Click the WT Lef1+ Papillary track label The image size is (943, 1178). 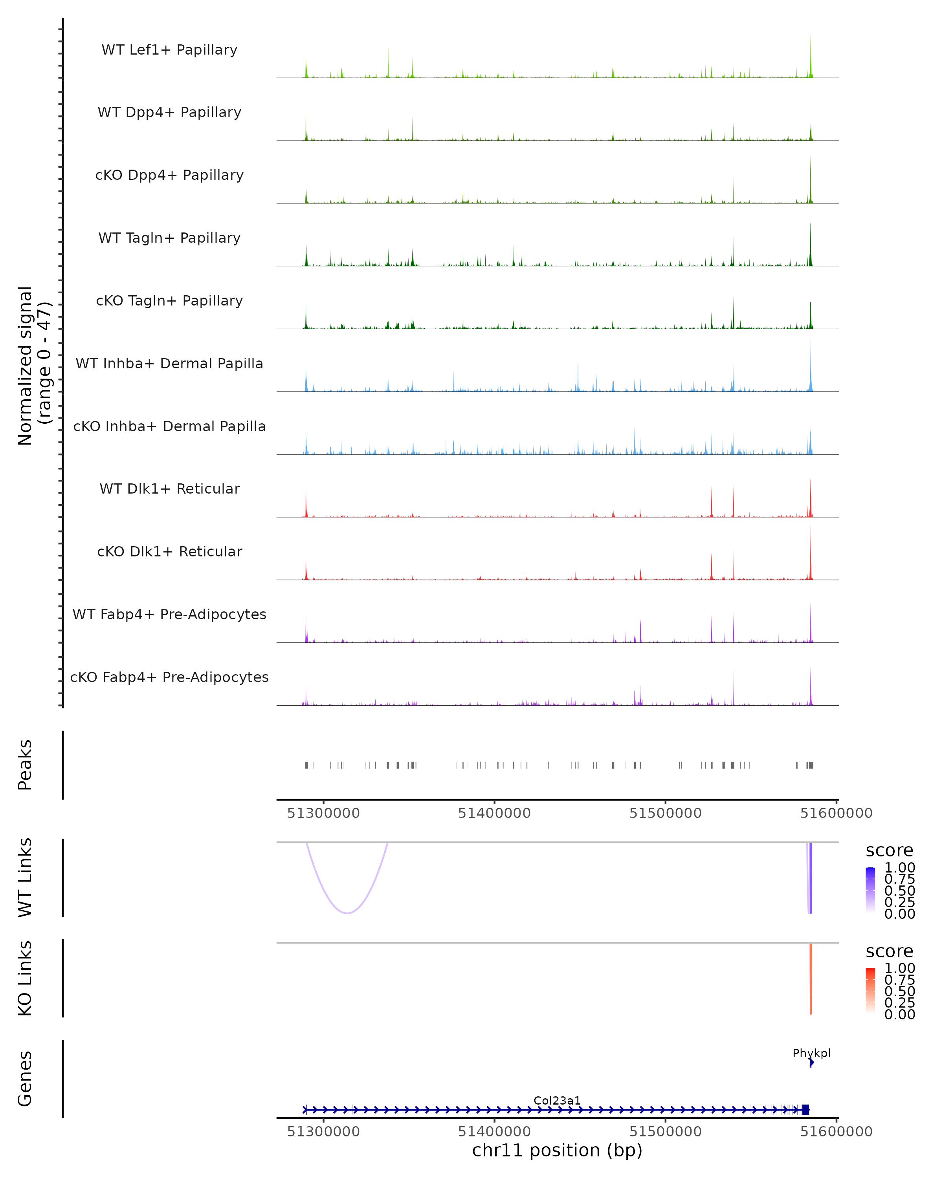169,50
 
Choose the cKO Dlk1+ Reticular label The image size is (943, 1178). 169,551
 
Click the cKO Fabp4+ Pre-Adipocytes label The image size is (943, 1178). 169,677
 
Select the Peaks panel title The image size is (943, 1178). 25,765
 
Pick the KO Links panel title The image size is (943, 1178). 25,978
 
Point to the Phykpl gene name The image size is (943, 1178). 811,1053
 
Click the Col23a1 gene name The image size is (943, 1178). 557,1100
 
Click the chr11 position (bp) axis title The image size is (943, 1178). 557,1150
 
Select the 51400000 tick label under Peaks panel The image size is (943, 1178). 494,813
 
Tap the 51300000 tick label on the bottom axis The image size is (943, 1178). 323,1132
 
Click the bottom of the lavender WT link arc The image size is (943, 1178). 347,913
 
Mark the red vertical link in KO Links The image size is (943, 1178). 811,978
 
